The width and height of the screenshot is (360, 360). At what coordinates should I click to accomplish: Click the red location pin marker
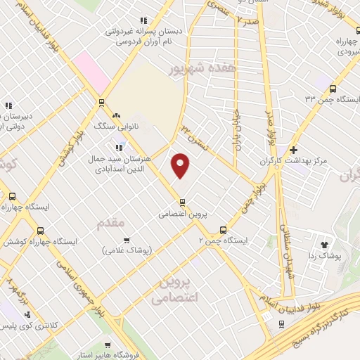click(x=181, y=166)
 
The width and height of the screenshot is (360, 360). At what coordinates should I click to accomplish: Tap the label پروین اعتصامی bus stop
click(x=181, y=212)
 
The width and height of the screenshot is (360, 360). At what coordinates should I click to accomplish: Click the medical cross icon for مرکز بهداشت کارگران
click(x=293, y=150)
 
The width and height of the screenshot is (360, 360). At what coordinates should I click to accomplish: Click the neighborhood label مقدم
click(x=109, y=221)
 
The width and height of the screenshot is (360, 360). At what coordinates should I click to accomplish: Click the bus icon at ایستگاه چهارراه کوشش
click(x=41, y=230)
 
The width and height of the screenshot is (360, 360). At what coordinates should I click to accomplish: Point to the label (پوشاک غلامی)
click(x=126, y=250)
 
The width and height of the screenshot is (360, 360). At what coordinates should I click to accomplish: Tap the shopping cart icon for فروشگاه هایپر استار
click(x=107, y=345)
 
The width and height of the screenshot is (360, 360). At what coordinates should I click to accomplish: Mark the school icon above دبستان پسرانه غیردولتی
click(x=143, y=20)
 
